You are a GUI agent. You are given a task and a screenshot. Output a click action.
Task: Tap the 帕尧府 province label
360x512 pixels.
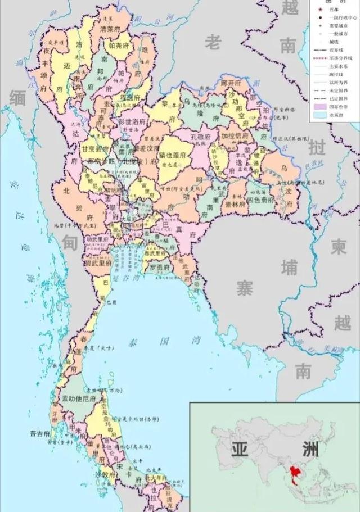tap(119, 46)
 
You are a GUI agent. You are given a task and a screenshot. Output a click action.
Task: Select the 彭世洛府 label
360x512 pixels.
tap(131, 121)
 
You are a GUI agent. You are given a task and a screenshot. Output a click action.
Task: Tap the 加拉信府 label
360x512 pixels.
tap(235, 136)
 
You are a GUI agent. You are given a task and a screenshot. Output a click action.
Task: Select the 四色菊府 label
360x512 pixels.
tap(260, 200)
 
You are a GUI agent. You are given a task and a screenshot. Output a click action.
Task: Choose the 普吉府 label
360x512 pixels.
tap(40, 434)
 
